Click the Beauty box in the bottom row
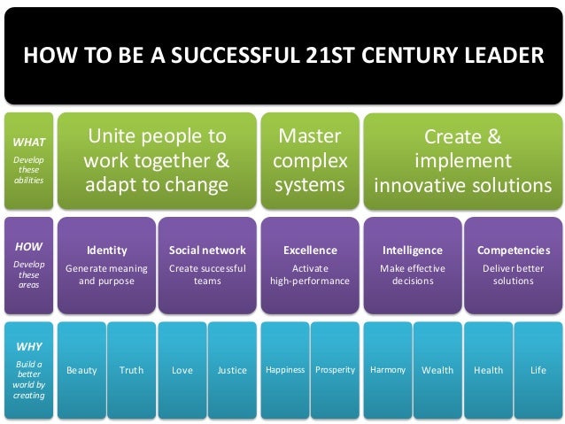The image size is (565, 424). pos(81,370)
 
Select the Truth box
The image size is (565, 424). pos(131,370)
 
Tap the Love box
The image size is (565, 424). pos(182,370)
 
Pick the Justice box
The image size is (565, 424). pos(232,370)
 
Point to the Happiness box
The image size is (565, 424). pos(285,370)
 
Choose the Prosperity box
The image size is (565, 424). pos(335,370)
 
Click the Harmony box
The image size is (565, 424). pos(388,370)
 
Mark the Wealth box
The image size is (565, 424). pos(437,370)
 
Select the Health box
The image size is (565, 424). pos(488,370)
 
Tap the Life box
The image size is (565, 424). pos(538,370)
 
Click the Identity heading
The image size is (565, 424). pos(107,250)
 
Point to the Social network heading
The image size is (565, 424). pos(207,250)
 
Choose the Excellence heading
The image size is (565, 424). pos(310,250)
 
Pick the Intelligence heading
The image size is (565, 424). pos(413,250)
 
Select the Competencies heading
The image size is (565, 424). pos(514,250)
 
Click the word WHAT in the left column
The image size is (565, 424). pos(29,142)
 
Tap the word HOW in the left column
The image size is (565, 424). pos(29,247)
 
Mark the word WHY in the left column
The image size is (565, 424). pos(29,346)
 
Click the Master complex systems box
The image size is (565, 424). pos(310,161)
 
